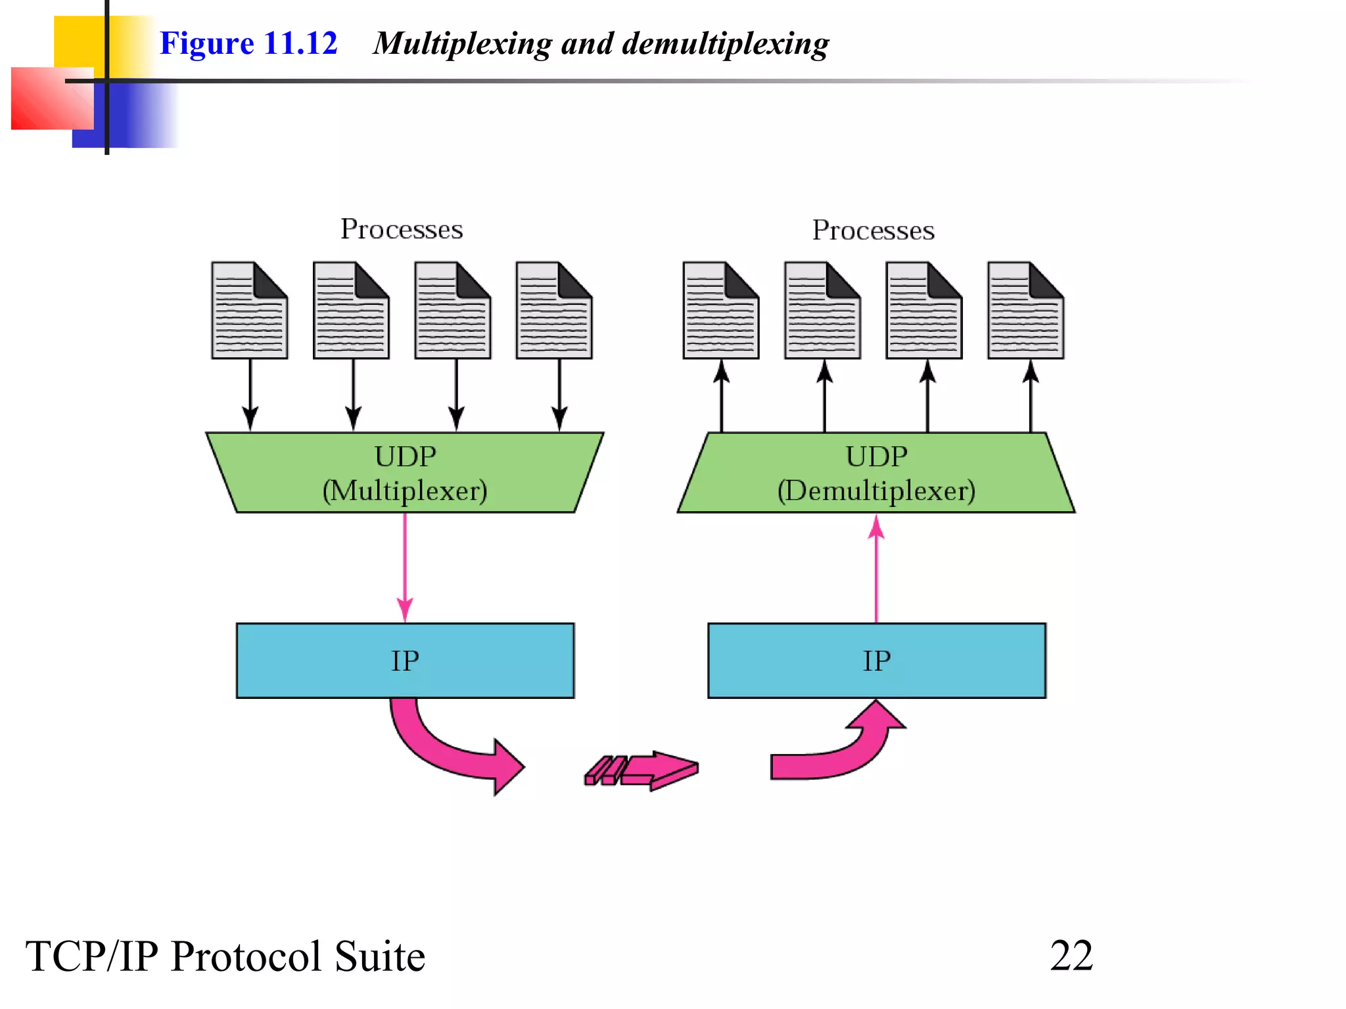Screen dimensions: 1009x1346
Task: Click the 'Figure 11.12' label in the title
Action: tap(248, 43)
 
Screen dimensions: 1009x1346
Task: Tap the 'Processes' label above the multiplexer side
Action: tap(402, 229)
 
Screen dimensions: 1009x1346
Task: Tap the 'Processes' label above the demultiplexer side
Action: tap(873, 231)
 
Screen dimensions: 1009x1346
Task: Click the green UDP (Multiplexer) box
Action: tap(405, 473)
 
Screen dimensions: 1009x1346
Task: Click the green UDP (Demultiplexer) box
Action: tap(876, 473)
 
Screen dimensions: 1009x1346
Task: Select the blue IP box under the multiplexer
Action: tap(405, 661)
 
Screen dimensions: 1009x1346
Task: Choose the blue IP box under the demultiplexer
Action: tap(876, 661)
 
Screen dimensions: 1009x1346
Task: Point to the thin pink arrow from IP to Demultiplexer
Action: tap(876, 568)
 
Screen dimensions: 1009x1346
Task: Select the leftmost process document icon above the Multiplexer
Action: tap(249, 311)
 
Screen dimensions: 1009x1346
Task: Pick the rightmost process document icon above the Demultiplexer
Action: tap(1025, 311)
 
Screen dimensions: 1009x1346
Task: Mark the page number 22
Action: tap(1071, 956)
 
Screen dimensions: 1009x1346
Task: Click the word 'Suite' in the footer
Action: tap(379, 956)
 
